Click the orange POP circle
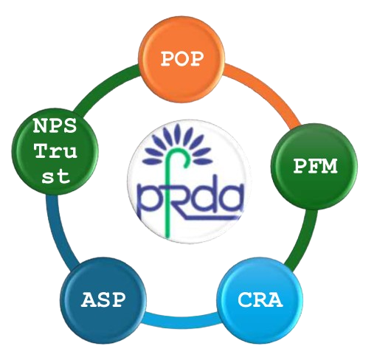pyautogui.click(x=181, y=59)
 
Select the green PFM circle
pyautogui.click(x=314, y=167)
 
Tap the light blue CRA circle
pyautogui.click(x=260, y=300)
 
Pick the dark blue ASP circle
pyautogui.click(x=103, y=300)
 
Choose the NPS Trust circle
pyautogui.click(x=55, y=152)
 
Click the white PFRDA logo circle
pyautogui.click(x=189, y=181)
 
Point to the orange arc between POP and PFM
pyautogui.click(x=269, y=91)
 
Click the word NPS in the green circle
pyautogui.click(x=55, y=126)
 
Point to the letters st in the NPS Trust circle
pyautogui.click(x=56, y=176)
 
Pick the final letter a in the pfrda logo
pyautogui.click(x=231, y=198)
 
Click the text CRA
pyautogui.click(x=260, y=300)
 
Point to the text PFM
pyautogui.click(x=315, y=166)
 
